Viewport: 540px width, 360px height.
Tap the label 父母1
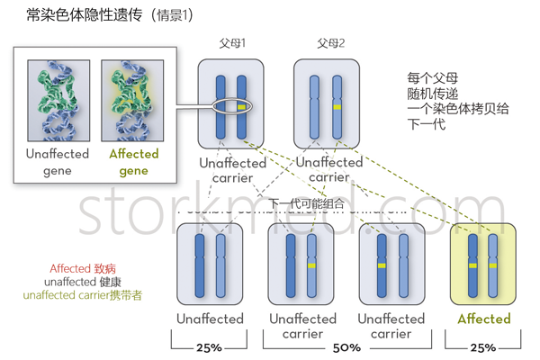pos(232,43)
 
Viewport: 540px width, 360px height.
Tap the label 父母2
pos(330,43)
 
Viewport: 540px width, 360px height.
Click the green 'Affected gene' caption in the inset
pos(133,162)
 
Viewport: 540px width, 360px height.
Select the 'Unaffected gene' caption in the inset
pos(58,162)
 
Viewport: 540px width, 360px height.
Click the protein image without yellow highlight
pos(58,99)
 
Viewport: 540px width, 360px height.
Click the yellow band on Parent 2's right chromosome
pos(337,107)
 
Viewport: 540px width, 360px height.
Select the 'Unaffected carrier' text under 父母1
pos(232,170)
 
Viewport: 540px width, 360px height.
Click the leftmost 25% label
pos(209,346)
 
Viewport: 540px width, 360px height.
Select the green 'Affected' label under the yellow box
pos(483,319)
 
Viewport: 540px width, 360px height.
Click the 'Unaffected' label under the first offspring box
pos(210,319)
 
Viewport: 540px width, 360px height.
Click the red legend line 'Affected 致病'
pos(82,268)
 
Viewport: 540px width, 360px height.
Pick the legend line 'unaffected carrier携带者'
pos(82,295)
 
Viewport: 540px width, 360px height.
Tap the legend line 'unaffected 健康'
pos(83,282)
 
